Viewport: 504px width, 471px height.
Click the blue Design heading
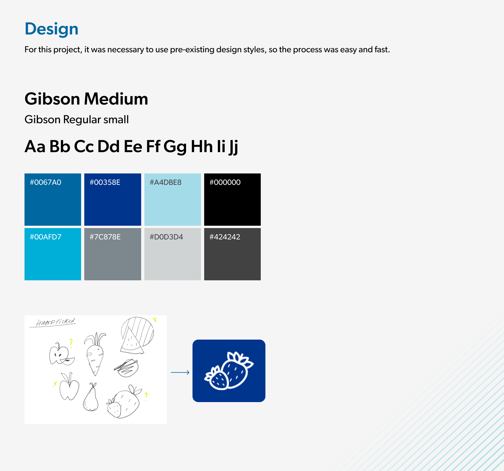52,29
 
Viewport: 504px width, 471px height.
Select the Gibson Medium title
86,99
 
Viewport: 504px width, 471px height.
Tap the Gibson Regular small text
77,120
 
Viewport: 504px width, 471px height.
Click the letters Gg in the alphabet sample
175,147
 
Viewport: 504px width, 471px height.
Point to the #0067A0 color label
45,183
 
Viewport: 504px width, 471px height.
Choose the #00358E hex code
105,183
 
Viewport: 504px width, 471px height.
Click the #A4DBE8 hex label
165,183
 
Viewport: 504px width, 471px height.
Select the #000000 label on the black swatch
225,183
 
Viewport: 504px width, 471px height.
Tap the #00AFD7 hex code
45,237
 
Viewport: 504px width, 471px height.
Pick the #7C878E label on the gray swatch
105,237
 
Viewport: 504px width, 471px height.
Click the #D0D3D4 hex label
166,237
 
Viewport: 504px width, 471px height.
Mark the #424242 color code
225,237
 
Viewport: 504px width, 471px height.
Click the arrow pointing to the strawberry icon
180,372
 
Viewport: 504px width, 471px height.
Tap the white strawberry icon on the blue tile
229,371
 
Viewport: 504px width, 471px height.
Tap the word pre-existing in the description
192,50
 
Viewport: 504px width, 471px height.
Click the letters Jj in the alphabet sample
233,147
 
